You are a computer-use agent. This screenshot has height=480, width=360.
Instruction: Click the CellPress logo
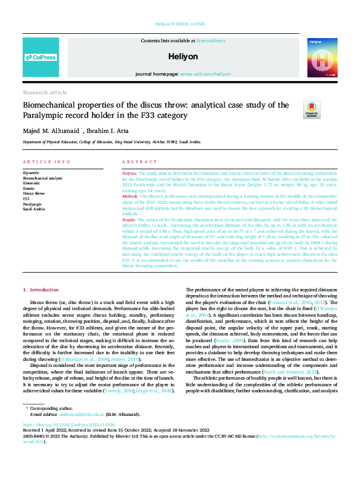[x=41, y=57]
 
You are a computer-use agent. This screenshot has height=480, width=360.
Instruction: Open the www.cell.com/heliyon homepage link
[x=205, y=74]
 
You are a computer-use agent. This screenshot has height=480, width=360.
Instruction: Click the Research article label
[x=45, y=92]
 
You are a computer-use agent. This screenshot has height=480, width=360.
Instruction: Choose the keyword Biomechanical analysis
[x=42, y=179]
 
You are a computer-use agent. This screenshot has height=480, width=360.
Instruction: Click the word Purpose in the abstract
[x=129, y=173]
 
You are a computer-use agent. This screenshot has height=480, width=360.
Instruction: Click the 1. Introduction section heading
[x=41, y=291]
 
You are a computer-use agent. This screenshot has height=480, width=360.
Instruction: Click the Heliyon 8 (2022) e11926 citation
[x=180, y=23]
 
